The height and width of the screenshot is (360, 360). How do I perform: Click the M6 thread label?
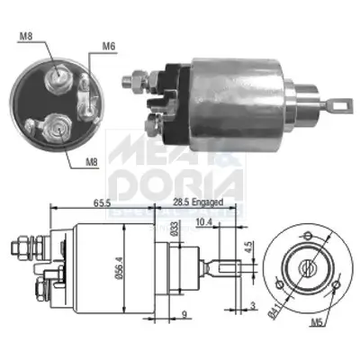[x=109, y=47]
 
